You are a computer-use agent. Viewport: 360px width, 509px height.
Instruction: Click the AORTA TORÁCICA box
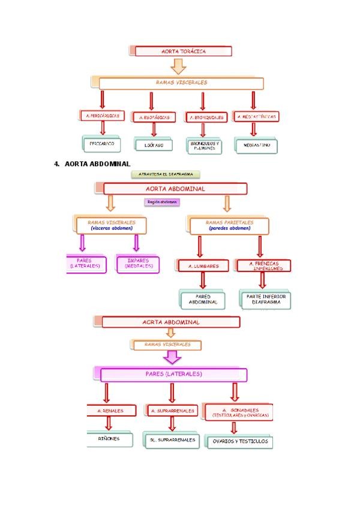pyautogui.click(x=184, y=51)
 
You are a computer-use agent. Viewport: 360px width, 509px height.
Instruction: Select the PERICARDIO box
pyautogui.click(x=101, y=145)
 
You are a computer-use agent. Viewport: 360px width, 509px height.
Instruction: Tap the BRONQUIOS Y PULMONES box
pyautogui.click(x=205, y=146)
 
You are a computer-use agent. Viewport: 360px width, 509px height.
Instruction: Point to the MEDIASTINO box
pyautogui.click(x=257, y=145)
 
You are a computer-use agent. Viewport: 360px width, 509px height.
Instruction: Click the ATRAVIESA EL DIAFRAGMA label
pyautogui.click(x=166, y=175)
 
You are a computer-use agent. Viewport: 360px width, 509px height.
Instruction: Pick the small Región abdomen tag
pyautogui.click(x=162, y=202)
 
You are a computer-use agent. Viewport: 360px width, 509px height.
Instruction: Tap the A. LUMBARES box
pyautogui.click(x=203, y=265)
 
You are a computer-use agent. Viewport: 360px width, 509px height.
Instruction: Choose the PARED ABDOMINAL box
pyautogui.click(x=203, y=299)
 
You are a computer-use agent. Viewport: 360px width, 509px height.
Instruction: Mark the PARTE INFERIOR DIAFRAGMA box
pyautogui.click(x=265, y=299)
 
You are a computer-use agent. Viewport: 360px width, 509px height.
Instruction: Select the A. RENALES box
pyautogui.click(x=111, y=411)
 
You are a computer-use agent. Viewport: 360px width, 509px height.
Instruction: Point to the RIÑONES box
pyautogui.click(x=109, y=439)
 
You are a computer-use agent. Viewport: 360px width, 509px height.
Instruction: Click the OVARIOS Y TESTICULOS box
pyautogui.click(x=239, y=442)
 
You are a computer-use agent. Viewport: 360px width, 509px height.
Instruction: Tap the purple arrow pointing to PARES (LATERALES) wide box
pyautogui.click(x=173, y=358)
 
